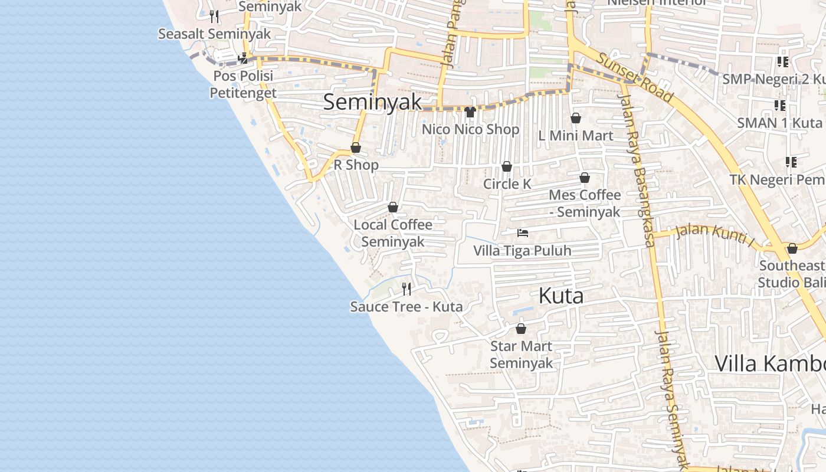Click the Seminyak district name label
[373, 101]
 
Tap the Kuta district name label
[561, 296]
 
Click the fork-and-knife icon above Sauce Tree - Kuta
[407, 289]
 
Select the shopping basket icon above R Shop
[356, 147]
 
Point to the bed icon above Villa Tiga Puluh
[522, 233]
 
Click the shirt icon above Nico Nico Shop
[470, 112]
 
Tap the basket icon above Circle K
[507, 167]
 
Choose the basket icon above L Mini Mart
[576, 118]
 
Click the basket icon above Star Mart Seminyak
[521, 329]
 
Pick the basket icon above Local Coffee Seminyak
[393, 207]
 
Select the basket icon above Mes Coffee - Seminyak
[585, 178]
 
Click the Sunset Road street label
[634, 77]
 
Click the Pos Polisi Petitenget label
[243, 84]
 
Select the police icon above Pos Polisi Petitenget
[242, 58]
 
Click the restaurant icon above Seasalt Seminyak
[214, 17]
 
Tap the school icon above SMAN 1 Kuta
[780, 106]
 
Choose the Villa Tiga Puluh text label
[522, 251]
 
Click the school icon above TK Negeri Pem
[791, 162]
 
